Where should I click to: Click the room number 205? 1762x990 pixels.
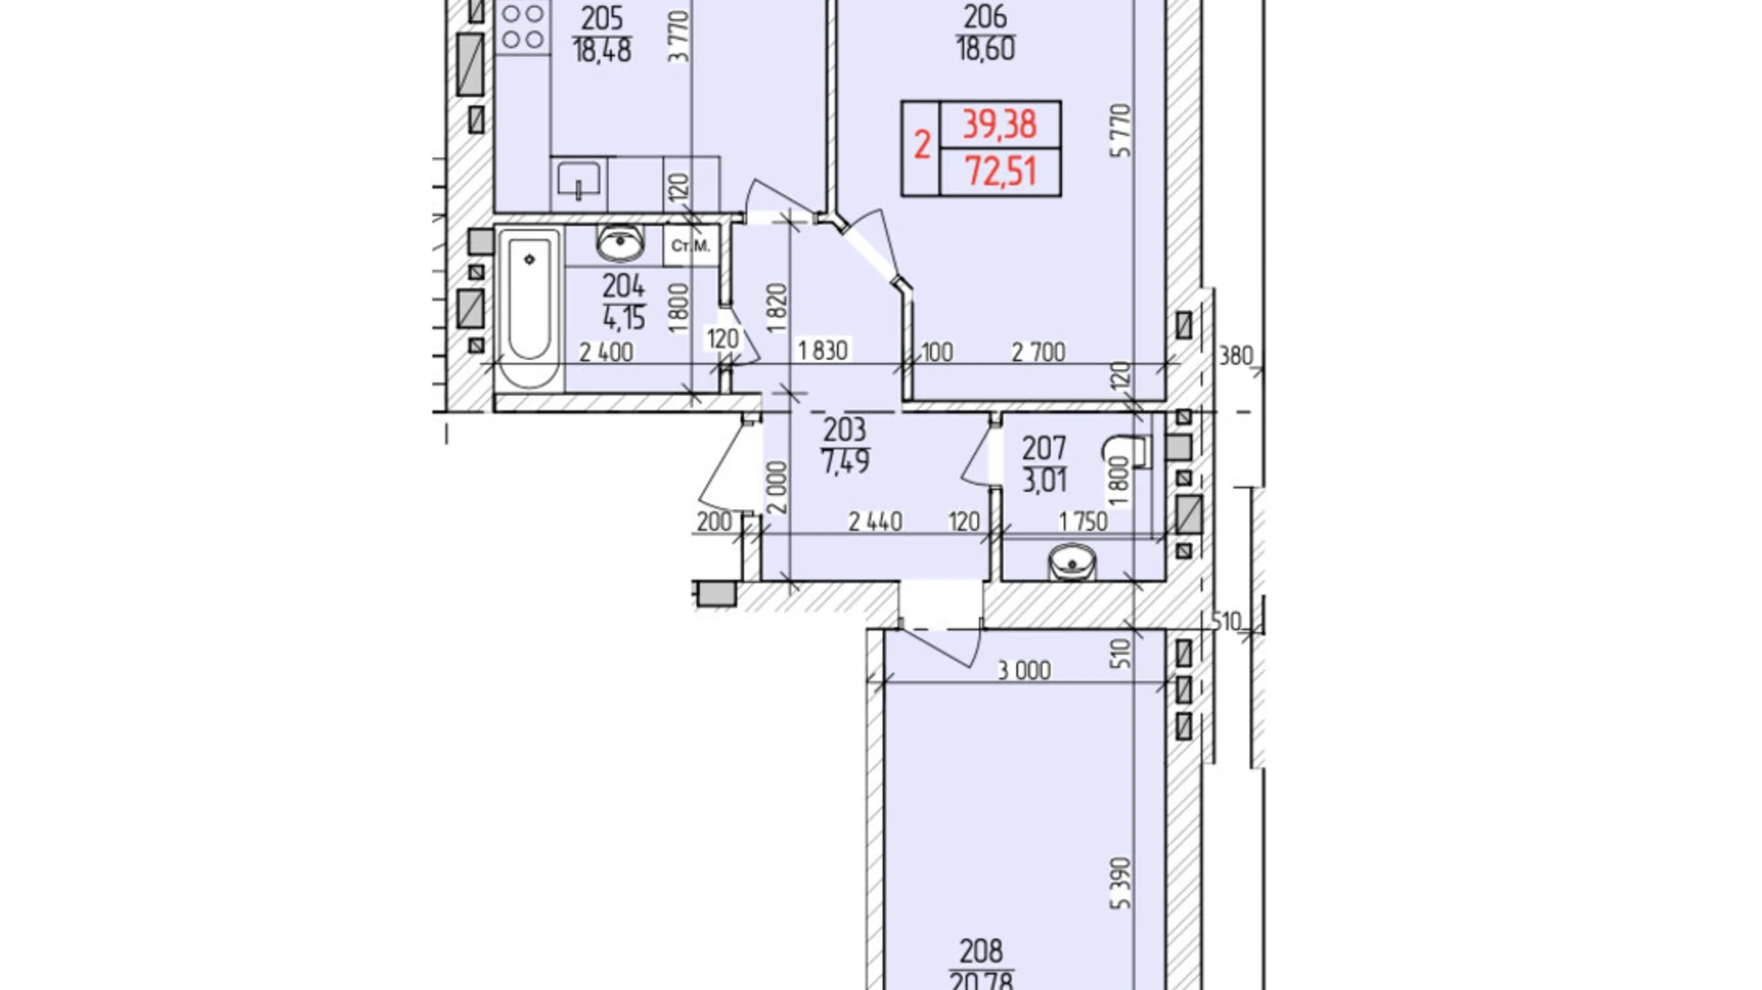tap(602, 18)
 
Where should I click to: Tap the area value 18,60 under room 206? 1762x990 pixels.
tap(985, 49)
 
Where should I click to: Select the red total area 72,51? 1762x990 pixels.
tap(1000, 172)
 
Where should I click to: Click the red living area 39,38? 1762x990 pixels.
tap(999, 124)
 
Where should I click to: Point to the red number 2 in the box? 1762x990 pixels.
tap(921, 147)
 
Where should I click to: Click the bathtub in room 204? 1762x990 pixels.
tap(530, 308)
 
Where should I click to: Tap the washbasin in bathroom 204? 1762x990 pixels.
tap(620, 244)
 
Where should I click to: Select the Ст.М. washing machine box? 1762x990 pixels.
tap(691, 247)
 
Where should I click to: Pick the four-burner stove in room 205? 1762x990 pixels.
tap(522, 26)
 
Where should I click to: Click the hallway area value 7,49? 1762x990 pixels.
tap(845, 462)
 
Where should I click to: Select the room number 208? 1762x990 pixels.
tap(981, 951)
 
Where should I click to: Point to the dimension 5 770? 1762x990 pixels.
tap(1121, 130)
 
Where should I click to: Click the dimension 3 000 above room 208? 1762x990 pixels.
tap(1024, 671)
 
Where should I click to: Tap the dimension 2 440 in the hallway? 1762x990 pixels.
tap(874, 522)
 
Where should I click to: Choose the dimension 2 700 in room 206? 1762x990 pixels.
tap(1038, 352)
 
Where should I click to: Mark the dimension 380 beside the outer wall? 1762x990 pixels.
tap(1235, 357)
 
